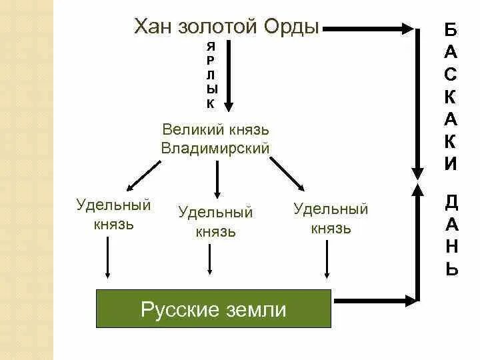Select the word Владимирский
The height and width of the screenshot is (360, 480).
pyautogui.click(x=215, y=148)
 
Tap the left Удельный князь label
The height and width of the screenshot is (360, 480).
pyautogui.click(x=113, y=214)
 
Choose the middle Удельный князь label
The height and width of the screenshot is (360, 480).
pyautogui.click(x=215, y=222)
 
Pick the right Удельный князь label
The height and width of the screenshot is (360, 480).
pyautogui.click(x=331, y=219)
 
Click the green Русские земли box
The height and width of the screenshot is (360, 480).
pyautogui.click(x=214, y=309)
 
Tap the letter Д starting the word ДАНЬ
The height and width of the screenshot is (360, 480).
pyautogui.click(x=451, y=201)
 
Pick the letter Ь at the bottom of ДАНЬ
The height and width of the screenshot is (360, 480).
pyautogui.click(x=451, y=269)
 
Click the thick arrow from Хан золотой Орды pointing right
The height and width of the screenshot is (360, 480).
pyautogui.click(x=371, y=29)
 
